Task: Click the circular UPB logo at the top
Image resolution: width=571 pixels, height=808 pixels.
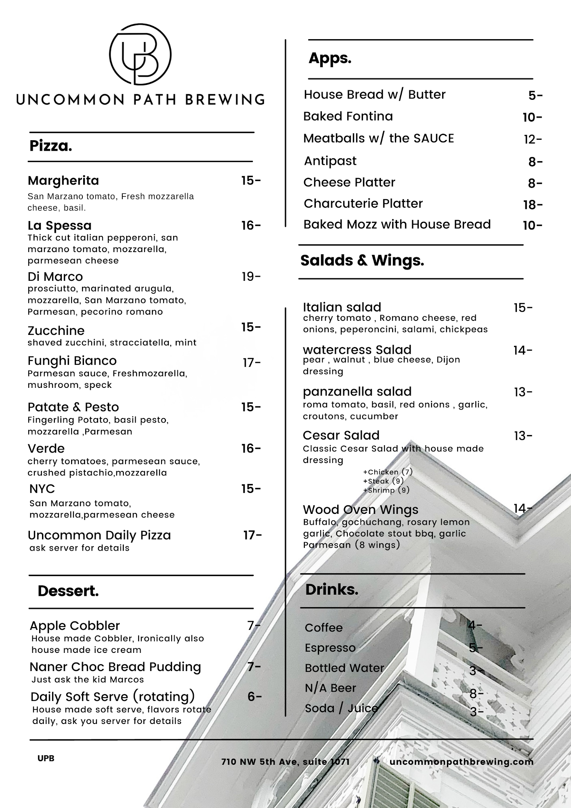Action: pyautogui.click(x=140, y=55)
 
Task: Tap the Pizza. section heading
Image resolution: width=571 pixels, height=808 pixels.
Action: pyautogui.click(x=51, y=146)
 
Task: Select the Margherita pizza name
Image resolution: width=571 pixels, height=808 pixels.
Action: pyautogui.click(x=63, y=181)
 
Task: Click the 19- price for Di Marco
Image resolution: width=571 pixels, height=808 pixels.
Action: pyautogui.click(x=251, y=277)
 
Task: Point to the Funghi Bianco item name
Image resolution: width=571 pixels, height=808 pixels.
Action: pyautogui.click(x=72, y=361)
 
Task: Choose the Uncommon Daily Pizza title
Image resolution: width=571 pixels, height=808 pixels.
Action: pyautogui.click(x=99, y=535)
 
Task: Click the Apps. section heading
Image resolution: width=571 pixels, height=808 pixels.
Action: pyautogui.click(x=330, y=58)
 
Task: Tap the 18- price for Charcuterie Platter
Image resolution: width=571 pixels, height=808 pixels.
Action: pyautogui.click(x=533, y=205)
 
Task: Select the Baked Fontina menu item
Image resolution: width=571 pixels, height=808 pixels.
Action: pyautogui.click(x=348, y=116)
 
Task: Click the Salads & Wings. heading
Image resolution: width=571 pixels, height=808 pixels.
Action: pyautogui.click(x=362, y=261)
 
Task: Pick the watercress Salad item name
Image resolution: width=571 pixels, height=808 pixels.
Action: pyautogui.click(x=357, y=349)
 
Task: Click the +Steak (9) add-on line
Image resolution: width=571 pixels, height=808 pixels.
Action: pyautogui.click(x=383, y=481)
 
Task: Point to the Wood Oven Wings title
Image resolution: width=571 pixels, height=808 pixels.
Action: pyautogui.click(x=360, y=509)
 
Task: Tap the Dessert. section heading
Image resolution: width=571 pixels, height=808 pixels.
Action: pyautogui.click(x=68, y=591)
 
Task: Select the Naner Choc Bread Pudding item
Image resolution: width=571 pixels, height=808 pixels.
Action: pyautogui.click(x=115, y=667)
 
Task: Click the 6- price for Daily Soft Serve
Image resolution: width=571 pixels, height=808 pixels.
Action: pyautogui.click(x=255, y=696)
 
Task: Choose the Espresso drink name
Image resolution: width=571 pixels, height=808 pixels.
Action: pyautogui.click(x=330, y=648)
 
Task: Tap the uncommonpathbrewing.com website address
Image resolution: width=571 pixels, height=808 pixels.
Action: pyautogui.click(x=462, y=762)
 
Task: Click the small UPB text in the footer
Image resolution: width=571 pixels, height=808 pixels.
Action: pyautogui.click(x=46, y=758)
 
